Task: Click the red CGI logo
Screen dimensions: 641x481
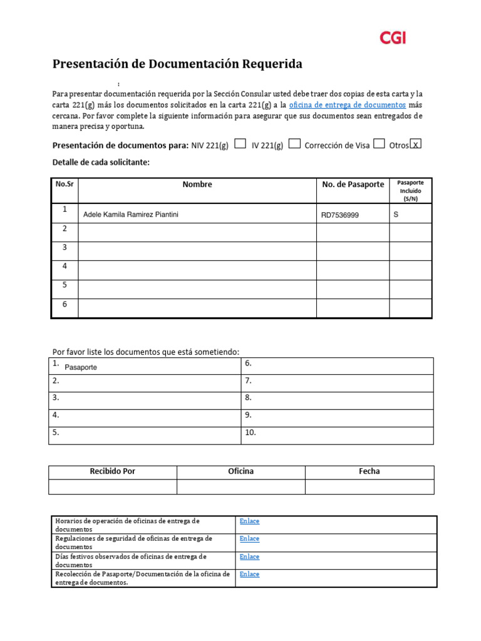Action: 393,38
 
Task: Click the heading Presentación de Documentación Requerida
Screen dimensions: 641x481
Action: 177,64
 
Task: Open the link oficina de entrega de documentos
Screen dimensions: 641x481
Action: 347,105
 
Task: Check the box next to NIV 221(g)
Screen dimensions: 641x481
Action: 240,144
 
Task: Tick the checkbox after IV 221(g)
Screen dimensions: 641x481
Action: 294,144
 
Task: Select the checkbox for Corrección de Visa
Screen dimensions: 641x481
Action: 379,144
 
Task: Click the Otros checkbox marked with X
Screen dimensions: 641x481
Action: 415,144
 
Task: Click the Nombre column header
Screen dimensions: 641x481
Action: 197,185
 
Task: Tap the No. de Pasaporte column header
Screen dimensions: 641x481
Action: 353,185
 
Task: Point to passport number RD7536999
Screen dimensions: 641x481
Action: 340,215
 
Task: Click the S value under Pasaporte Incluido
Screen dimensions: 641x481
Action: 396,214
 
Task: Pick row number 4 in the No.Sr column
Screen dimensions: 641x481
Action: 64,266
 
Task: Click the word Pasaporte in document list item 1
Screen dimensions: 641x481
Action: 81,367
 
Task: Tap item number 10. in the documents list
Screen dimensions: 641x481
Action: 251,432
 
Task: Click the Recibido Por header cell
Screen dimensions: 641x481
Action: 113,471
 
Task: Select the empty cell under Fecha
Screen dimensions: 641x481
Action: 370,487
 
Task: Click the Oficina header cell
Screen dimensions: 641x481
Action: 241,471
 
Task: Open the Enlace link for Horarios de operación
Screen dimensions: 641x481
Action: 249,521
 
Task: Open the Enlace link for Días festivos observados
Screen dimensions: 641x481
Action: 249,556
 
